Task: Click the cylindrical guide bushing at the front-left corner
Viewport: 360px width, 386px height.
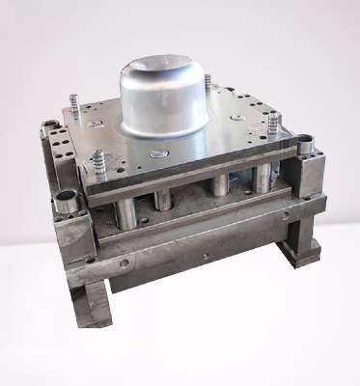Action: (x=67, y=203)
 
